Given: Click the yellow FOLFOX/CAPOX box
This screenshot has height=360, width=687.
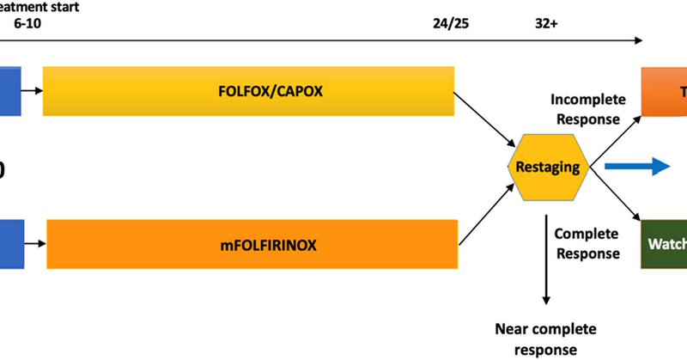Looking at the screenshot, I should (x=249, y=89).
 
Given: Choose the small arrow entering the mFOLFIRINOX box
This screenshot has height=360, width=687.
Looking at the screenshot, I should (x=33, y=245).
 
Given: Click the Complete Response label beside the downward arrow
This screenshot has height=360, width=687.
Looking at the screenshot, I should (x=587, y=243).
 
